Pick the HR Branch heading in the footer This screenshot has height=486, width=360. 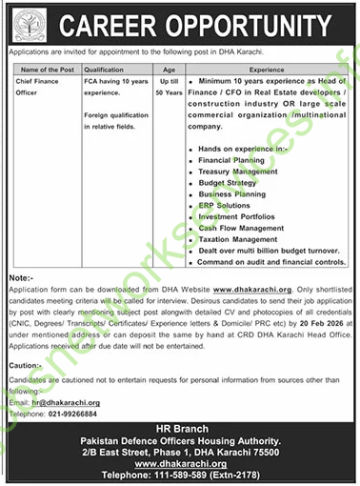point(180,432)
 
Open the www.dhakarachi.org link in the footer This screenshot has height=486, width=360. point(180,463)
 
